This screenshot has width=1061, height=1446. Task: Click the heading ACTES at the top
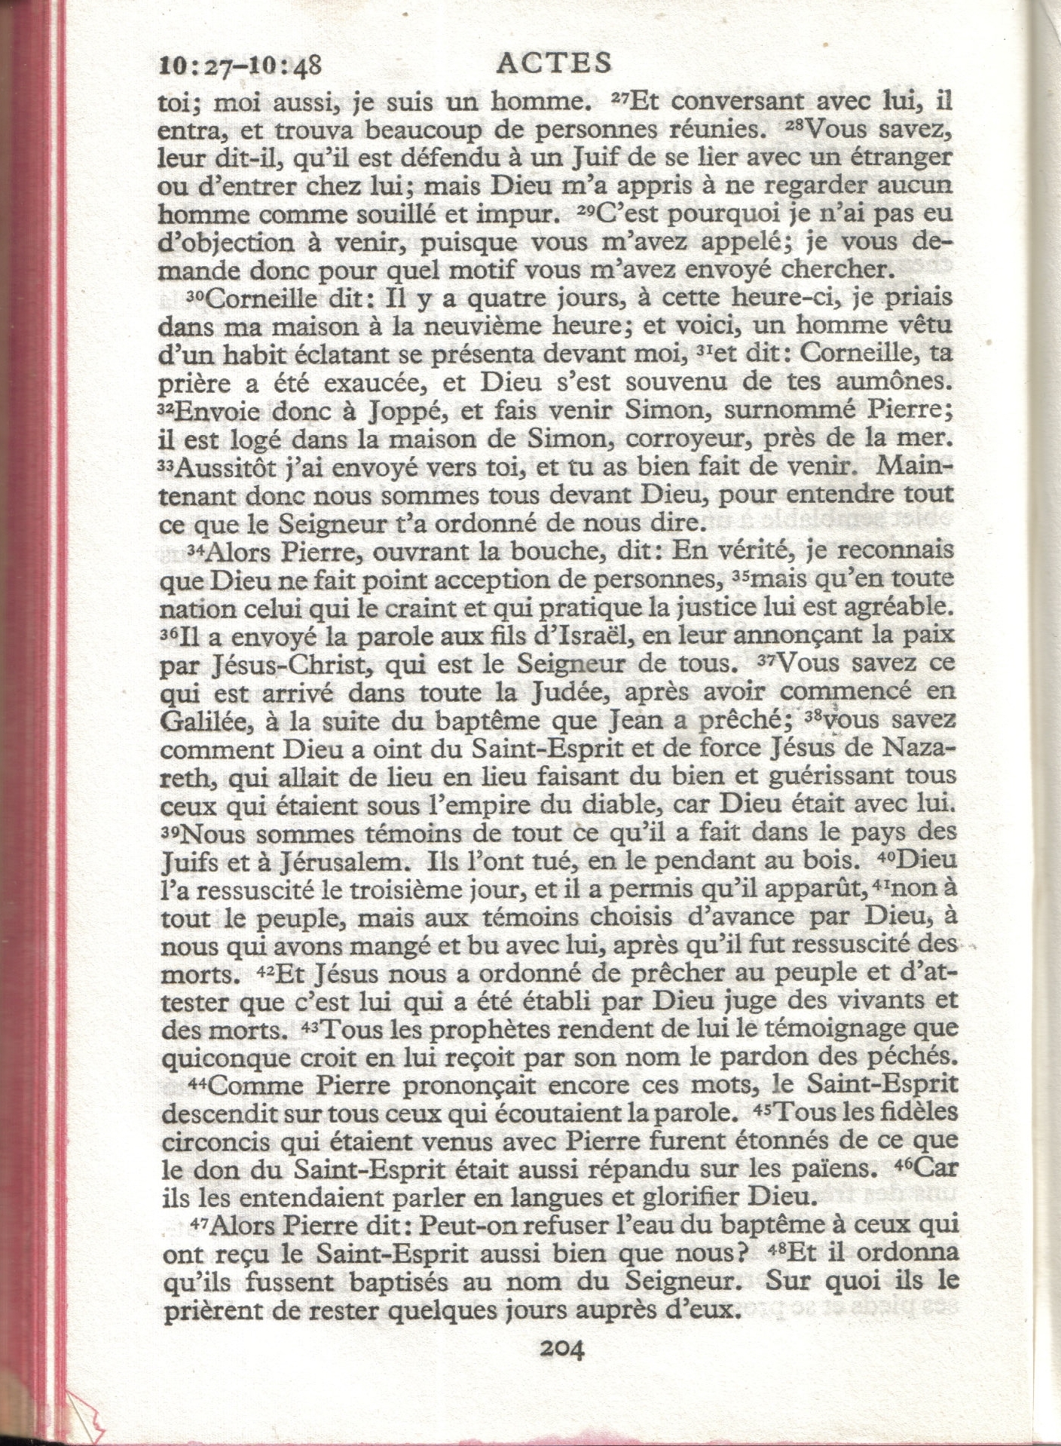pyautogui.click(x=554, y=63)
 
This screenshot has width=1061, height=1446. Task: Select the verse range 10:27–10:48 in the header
pyautogui.click(x=241, y=66)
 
